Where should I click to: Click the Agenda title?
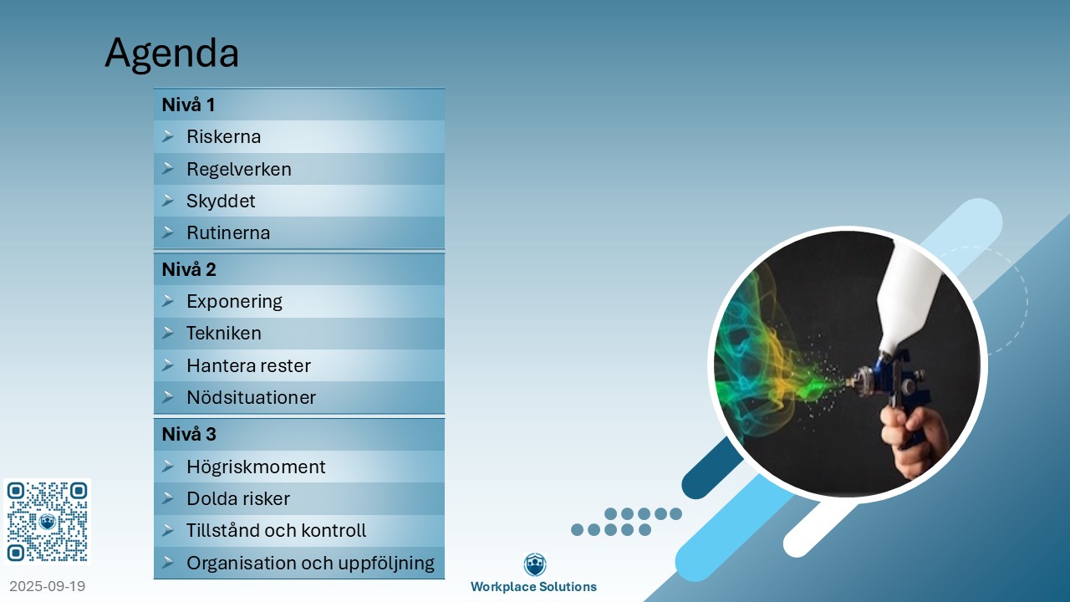(172, 54)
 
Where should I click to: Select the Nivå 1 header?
(188, 105)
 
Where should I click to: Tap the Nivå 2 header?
(189, 269)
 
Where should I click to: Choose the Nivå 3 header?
(189, 434)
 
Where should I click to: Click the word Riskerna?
(223, 136)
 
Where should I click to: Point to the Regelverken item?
(239, 169)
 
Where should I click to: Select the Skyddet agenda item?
(221, 202)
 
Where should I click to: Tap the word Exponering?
(234, 302)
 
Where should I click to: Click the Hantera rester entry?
(248, 365)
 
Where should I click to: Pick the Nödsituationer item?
(252, 397)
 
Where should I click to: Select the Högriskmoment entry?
(256, 467)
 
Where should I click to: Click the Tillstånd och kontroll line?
(276, 530)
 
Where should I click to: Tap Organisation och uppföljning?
(310, 563)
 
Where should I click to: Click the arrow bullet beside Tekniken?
(168, 333)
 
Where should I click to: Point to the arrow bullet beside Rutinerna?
(168, 232)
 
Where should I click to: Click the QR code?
(48, 522)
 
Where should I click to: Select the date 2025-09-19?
(48, 586)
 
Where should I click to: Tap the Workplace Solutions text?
(533, 587)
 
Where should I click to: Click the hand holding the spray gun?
(914, 441)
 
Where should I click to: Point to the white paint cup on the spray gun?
(906, 296)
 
